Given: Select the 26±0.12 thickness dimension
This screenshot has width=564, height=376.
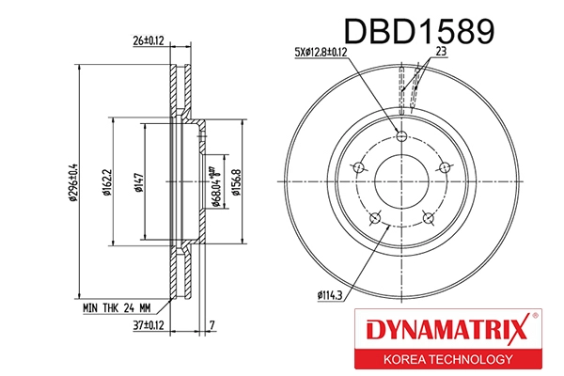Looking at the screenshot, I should pyautogui.click(x=148, y=40).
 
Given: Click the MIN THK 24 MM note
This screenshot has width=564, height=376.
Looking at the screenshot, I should pyautogui.click(x=117, y=306).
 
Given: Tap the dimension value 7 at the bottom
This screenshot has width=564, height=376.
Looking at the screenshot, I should pyautogui.click(x=212, y=326).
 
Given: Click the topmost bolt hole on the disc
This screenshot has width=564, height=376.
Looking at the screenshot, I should pyautogui.click(x=401, y=138).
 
